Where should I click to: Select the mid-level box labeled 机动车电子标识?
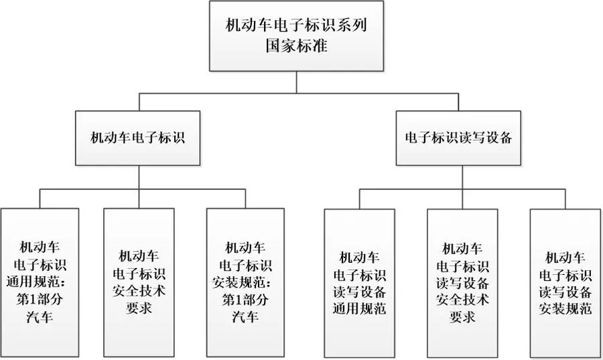coord(137,138)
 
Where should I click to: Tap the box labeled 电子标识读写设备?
coord(459,138)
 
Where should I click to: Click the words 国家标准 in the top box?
coord(297,48)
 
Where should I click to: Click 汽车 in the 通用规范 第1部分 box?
coord(39,315)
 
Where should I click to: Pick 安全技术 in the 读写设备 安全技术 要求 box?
coord(462,298)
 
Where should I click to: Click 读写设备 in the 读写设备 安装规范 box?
coord(565,291)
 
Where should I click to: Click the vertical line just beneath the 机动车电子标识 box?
coord(137,177)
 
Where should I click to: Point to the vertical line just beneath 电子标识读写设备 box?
coord(459,177)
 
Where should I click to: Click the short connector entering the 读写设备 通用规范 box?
coord(360,199)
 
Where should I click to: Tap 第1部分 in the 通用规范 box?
coord(39,298)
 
